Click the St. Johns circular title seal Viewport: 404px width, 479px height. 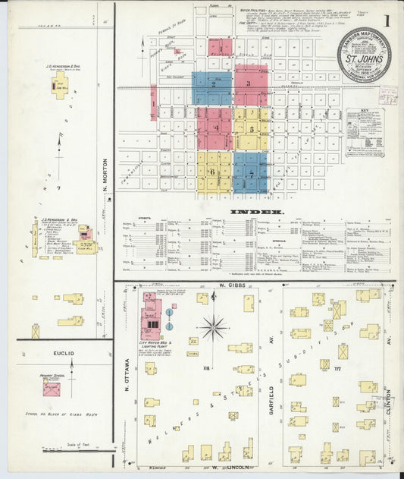[364, 55]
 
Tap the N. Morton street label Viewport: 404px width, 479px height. [107, 186]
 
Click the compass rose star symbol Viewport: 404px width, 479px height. [214, 328]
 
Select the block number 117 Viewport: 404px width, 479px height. [349, 368]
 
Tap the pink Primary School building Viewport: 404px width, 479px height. [52, 389]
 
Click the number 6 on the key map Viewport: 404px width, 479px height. [213, 172]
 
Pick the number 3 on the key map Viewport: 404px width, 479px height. [248, 82]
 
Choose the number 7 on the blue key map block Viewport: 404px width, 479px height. [250, 173]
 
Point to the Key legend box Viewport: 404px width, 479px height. [365, 132]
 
